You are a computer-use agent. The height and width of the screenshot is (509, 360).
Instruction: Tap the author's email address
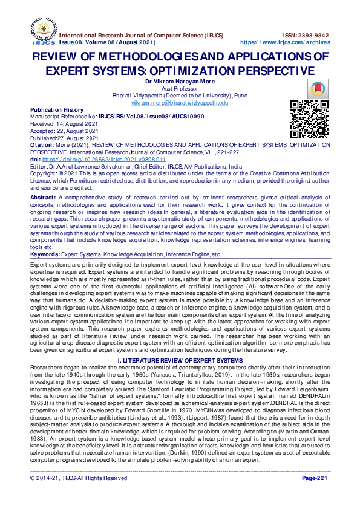(180, 103)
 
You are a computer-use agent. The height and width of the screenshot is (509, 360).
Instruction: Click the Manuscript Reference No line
(96, 116)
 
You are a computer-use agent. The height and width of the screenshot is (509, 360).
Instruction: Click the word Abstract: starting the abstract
(43, 198)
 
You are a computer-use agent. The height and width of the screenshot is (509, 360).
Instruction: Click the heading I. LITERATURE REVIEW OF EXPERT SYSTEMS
(180, 344)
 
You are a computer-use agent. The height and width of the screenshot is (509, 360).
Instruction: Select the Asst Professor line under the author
(180, 88)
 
